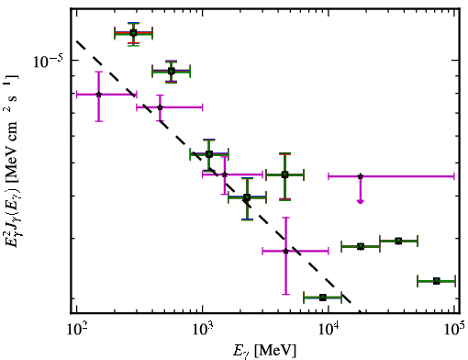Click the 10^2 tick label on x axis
point(76,329)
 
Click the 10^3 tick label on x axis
point(203,329)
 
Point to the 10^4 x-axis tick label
point(329,329)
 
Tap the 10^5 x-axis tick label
point(454,329)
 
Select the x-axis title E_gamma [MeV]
point(264,351)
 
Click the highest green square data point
point(133,33)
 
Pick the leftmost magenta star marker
point(98,95)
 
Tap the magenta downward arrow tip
point(361,203)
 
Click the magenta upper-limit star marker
point(361,176)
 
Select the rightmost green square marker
point(437,281)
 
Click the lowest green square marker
point(322,298)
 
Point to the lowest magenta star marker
point(285,251)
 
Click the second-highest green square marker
point(172,72)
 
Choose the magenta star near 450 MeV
point(160,107)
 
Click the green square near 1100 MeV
point(209,154)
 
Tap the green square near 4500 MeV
point(284,175)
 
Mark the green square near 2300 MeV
point(247,197)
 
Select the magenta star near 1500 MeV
point(225,174)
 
